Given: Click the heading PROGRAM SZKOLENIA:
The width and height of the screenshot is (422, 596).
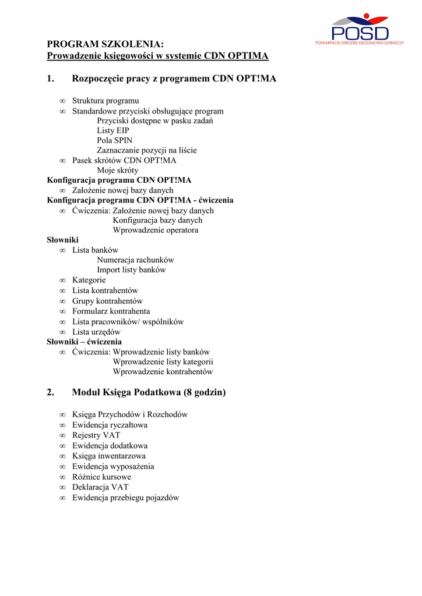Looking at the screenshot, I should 105,44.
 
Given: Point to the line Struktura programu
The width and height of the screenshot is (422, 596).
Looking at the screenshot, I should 105,101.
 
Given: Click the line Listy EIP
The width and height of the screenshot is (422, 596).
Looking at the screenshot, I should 113,130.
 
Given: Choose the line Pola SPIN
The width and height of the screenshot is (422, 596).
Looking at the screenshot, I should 115,140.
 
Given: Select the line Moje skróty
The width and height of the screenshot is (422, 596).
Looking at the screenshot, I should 118,170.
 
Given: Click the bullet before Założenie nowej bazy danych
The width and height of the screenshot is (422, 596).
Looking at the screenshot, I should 62,190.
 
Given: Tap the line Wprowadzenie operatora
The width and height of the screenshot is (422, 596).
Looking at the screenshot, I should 156,230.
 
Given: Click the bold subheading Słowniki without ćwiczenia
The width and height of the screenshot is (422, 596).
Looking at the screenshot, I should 62,240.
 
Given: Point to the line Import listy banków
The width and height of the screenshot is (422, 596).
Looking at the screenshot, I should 131,269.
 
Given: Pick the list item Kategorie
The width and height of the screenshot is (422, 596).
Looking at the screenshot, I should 89,280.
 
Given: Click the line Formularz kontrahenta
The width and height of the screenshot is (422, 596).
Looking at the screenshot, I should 111,311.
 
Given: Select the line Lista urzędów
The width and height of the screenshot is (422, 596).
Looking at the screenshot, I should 97,332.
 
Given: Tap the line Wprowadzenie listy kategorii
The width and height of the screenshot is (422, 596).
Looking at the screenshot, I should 163,361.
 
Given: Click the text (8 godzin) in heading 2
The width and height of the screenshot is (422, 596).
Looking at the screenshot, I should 205,393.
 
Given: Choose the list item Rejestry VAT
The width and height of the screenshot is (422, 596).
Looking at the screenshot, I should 96,435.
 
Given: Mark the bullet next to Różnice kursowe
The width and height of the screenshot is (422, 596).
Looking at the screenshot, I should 62,477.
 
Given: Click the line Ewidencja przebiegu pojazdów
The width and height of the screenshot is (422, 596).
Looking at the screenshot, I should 125,498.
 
